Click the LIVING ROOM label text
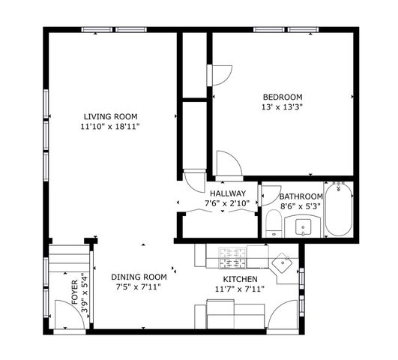pyautogui.click(x=110, y=116)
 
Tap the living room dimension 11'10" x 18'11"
pyautogui.click(x=111, y=127)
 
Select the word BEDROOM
pyautogui.click(x=282, y=97)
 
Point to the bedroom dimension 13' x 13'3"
pyautogui.click(x=282, y=107)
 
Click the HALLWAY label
pyautogui.click(x=228, y=193)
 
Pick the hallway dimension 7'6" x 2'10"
pyautogui.click(x=228, y=203)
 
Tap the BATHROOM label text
pyautogui.click(x=301, y=196)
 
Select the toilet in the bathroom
pyautogui.click(x=274, y=223)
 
